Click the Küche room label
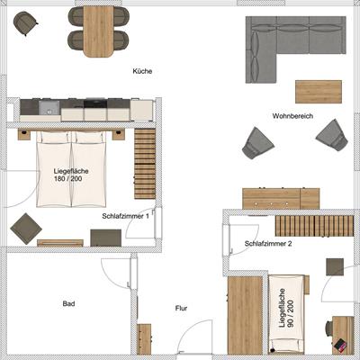pyautogui.click(x=142, y=71)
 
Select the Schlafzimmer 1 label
pyautogui.click(x=125, y=216)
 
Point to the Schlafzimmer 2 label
pyautogui.click(x=268, y=244)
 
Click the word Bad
pyautogui.click(x=68, y=304)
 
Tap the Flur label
pyautogui.click(x=182, y=308)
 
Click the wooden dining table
pyautogui.click(x=99, y=31)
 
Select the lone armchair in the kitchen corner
pyautogui.click(x=25, y=23)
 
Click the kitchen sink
pyautogui.click(x=49, y=108)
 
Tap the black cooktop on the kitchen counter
pyautogui.click(x=95, y=103)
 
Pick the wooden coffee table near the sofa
pyautogui.click(x=319, y=92)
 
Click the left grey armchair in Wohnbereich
pyautogui.click(x=258, y=143)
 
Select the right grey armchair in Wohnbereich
pyautogui.click(x=332, y=135)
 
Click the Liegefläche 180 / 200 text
pyautogui.click(x=71, y=175)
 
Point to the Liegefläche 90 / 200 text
pyautogui.click(x=286, y=308)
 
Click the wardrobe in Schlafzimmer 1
pyautogui.click(x=145, y=164)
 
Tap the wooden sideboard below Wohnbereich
pyautogui.click(x=281, y=198)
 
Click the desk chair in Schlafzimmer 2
pyautogui.click(x=329, y=329)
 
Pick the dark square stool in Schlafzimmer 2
pyautogui.click(x=335, y=267)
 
